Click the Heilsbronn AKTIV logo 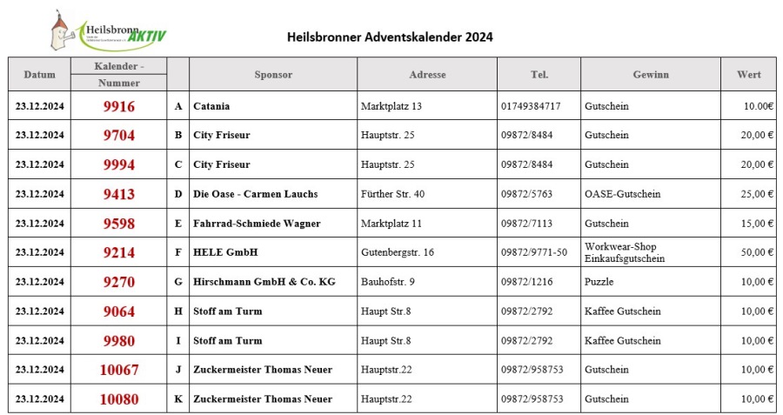pyautogui.click(x=109, y=31)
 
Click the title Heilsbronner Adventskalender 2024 pyautogui.click(x=390, y=37)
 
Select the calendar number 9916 pyautogui.click(x=118, y=106)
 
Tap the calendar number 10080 pyautogui.click(x=118, y=399)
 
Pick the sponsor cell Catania pyautogui.click(x=211, y=106)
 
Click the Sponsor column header pyautogui.click(x=273, y=75)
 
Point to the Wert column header pyautogui.click(x=748, y=75)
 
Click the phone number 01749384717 pyautogui.click(x=531, y=106)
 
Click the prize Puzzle pyautogui.click(x=599, y=282)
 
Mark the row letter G pyautogui.click(x=178, y=282)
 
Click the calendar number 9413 pyautogui.click(x=118, y=194)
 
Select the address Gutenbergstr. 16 pyautogui.click(x=397, y=252)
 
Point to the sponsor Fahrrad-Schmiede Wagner pyautogui.click(x=257, y=224)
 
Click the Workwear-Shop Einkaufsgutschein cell pyautogui.click(x=625, y=252)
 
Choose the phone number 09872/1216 pyautogui.click(x=526, y=282)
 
